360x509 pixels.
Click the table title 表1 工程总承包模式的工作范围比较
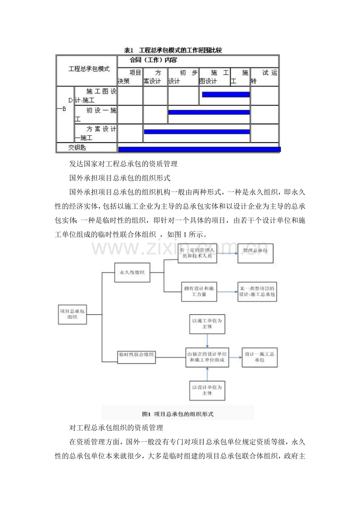pos(173,50)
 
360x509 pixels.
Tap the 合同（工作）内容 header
pos(153,60)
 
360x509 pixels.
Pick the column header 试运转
pos(265,77)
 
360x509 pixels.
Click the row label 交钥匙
pos(77,147)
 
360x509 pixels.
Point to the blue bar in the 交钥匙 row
pos(199,149)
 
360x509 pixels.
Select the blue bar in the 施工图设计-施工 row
pos(226,94)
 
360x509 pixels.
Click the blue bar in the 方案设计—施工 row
pos(197,132)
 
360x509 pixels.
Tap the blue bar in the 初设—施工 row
pos(209,112)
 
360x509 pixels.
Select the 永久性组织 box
pos(132,272)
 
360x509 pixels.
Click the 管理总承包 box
pos(256,253)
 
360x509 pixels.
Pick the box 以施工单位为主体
pos(207,324)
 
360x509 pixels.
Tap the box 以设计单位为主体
pos(207,390)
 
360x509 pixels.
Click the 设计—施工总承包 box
pos(259,357)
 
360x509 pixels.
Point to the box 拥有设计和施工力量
pos(199,291)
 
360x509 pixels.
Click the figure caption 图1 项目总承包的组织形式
pos(178,414)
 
